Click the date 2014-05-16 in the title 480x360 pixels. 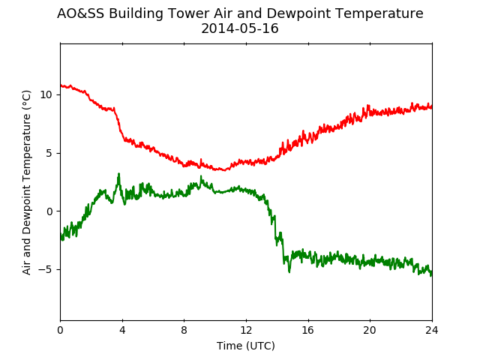240,28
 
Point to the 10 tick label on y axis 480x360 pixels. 46,95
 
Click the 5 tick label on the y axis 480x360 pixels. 49,153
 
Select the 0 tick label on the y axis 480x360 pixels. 49,211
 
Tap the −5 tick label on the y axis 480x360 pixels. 45,270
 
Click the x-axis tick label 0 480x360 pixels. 60,330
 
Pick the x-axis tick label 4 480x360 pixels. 122,330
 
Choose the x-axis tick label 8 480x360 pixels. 184,330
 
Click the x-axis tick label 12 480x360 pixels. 246,330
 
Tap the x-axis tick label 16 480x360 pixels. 308,330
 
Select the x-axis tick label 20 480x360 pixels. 370,330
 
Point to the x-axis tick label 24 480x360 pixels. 432,330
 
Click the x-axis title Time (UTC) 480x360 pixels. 246,346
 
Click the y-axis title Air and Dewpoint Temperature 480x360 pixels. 27,182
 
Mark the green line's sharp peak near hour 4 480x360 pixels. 118,173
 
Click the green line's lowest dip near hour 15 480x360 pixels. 289,271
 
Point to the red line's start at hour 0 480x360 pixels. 61,85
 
